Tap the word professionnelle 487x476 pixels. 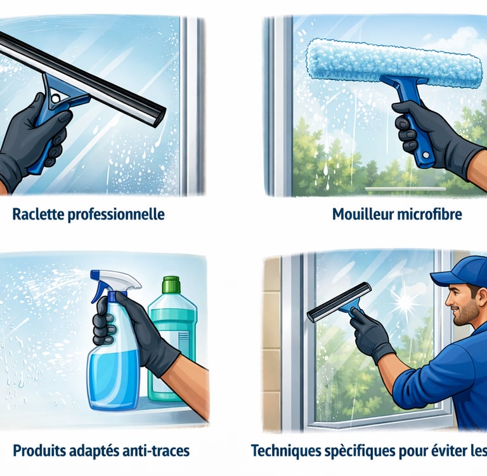[116, 215]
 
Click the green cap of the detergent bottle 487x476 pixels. [171, 284]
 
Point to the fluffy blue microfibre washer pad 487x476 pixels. [394, 62]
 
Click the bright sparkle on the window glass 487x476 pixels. [405, 302]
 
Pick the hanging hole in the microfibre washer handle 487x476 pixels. [426, 154]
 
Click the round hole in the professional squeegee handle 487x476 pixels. [56, 99]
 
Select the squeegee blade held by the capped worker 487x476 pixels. [339, 301]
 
